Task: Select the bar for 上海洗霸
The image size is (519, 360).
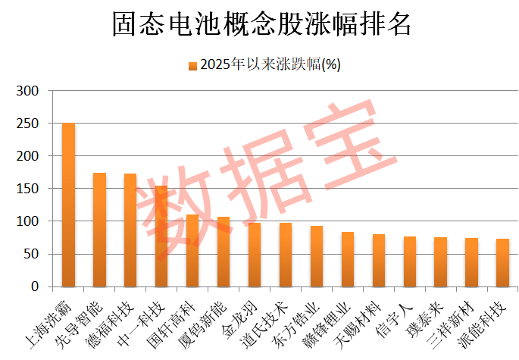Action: pos(68,205)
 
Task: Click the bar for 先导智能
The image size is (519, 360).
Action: pos(99,230)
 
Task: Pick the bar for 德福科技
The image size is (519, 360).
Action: pos(130,230)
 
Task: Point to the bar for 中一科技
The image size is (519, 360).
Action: pos(161,236)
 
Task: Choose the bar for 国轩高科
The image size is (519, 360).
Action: pos(192,251)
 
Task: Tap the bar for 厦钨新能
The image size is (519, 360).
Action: pos(224,252)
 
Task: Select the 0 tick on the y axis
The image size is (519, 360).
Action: pos(35,286)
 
